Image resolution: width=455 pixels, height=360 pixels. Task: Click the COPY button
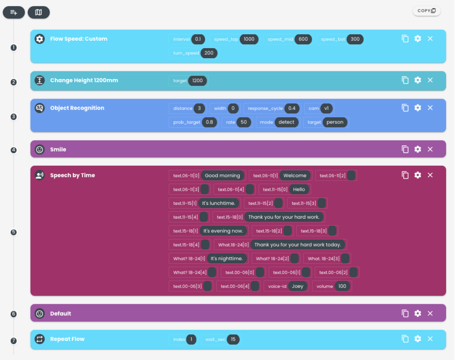click(426, 11)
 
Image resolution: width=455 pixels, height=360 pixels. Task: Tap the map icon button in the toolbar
click(39, 12)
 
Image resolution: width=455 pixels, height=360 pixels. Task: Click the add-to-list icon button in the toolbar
click(14, 12)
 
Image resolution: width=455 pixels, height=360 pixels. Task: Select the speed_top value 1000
click(249, 39)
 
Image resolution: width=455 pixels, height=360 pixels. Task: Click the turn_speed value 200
click(209, 53)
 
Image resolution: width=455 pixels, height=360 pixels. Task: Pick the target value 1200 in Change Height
click(197, 81)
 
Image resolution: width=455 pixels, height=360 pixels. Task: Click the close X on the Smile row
click(430, 149)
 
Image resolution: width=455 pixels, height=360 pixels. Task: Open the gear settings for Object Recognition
click(418, 108)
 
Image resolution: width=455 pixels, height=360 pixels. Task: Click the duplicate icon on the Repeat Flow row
click(405, 339)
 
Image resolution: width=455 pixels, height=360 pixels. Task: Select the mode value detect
click(287, 122)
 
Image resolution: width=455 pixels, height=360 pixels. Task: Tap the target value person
click(335, 122)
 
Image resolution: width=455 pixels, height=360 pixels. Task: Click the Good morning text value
click(222, 176)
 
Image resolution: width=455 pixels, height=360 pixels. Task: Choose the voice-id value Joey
click(297, 286)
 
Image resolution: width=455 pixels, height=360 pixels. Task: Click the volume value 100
click(342, 286)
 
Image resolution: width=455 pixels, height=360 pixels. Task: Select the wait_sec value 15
click(233, 339)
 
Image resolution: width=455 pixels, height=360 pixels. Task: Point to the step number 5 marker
click(13, 232)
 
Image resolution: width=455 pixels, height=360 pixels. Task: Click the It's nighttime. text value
click(227, 259)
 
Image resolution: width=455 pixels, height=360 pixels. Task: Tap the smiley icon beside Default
click(39, 314)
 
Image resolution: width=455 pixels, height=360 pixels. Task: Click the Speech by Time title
click(72, 176)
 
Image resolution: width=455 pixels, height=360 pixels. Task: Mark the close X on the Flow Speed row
click(430, 39)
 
